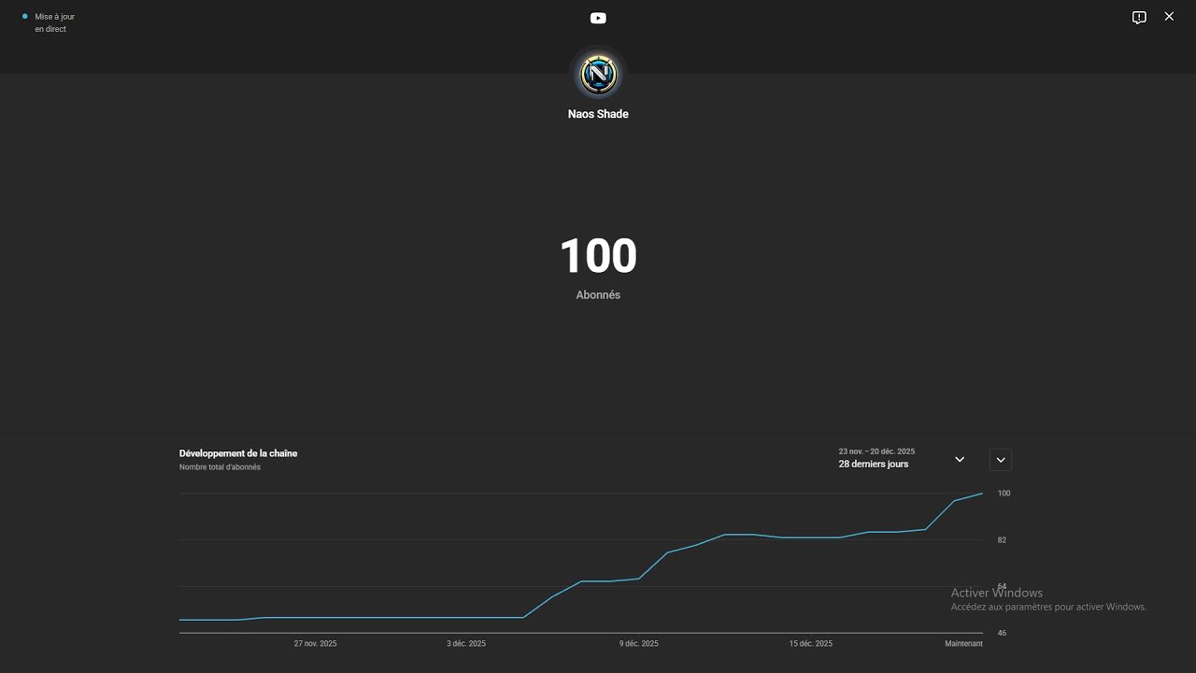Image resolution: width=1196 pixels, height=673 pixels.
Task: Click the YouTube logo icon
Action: coord(598,18)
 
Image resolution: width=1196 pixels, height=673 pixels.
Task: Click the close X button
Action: coord(1169,17)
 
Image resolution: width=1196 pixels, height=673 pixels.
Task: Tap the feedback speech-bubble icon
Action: coord(1139,18)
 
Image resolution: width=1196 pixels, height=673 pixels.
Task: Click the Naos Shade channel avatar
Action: coord(598,74)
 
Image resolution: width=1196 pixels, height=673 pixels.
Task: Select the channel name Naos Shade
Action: coord(598,114)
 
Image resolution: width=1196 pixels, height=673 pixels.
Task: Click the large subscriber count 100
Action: coord(598,256)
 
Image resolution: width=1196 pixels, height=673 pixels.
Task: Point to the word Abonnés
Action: coord(598,294)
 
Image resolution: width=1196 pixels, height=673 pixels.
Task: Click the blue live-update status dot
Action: coord(24,17)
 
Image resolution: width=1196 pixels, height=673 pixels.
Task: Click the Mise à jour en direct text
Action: coord(54,23)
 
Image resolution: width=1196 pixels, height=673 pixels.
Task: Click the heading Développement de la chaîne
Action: coord(238,453)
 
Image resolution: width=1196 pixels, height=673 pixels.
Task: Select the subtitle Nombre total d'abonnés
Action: coord(220,467)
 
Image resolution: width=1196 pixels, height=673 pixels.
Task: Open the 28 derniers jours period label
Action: coord(873,465)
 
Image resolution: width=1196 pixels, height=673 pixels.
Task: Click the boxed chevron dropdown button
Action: coord(1001,460)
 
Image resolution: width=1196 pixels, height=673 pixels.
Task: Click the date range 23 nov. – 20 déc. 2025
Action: coord(876,451)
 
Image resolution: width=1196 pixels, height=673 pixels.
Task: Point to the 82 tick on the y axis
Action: coord(1002,540)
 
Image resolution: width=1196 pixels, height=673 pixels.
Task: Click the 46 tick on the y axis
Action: coord(1002,633)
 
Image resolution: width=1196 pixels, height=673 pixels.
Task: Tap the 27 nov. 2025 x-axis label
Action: coord(315,644)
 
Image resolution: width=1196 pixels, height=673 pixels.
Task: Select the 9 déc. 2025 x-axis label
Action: coord(638,644)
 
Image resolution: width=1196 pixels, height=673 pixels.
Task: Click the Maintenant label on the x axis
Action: coord(963,644)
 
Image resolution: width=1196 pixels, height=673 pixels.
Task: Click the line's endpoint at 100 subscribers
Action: coord(982,494)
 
